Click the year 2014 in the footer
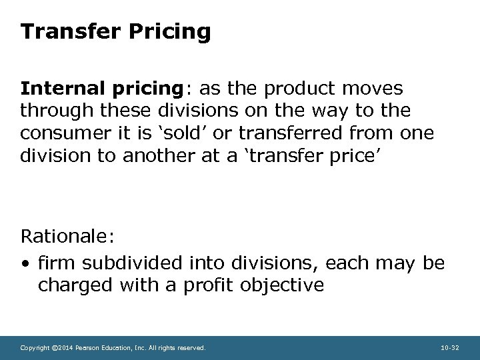point(62,347)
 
